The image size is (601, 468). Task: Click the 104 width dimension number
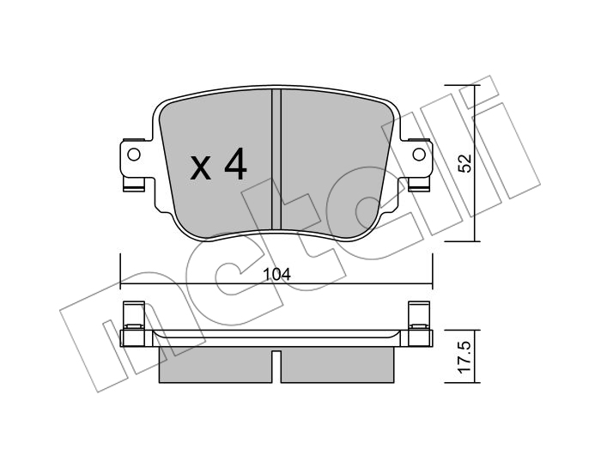(276, 274)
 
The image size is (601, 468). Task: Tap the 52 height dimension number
(465, 164)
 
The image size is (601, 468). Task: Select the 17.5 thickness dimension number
(465, 357)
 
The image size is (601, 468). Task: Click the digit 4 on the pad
(235, 164)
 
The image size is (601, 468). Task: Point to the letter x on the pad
(200, 169)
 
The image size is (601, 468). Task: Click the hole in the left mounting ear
(134, 155)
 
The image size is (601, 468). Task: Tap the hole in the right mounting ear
(419, 155)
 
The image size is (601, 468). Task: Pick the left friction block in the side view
(216, 365)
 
